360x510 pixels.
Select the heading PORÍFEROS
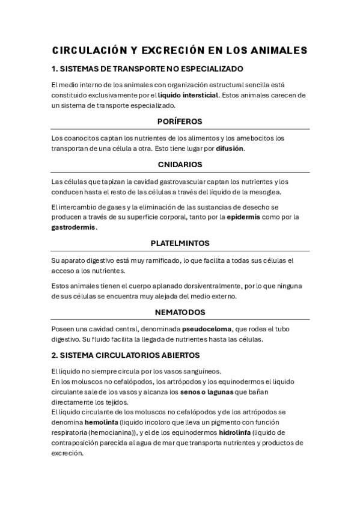pyautogui.click(x=180, y=121)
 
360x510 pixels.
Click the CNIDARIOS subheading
pyautogui.click(x=180, y=164)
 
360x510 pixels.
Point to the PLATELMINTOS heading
pyautogui.click(x=180, y=244)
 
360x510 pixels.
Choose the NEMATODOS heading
pyautogui.click(x=180, y=312)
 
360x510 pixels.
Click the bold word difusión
pyautogui.click(x=230, y=148)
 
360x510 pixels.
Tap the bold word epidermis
pyautogui.click(x=243, y=217)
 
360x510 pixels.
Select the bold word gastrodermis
pyautogui.click(x=74, y=228)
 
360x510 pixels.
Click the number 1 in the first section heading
pyautogui.click(x=54, y=69)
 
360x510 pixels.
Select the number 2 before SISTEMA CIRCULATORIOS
pyautogui.click(x=54, y=355)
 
